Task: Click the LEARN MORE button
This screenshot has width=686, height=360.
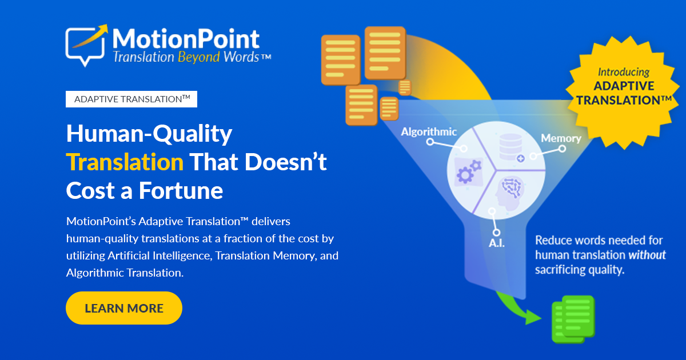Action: point(124,308)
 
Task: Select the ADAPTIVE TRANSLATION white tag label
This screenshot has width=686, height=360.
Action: point(131,99)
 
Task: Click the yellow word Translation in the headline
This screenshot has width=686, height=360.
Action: point(125,162)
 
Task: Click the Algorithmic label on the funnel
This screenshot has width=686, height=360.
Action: point(429,132)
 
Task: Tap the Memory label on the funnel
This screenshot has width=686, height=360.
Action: point(561,138)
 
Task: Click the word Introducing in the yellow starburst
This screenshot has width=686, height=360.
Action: point(623,73)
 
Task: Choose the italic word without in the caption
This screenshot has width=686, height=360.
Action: point(647,255)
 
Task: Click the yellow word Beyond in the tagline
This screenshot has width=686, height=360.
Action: point(198,57)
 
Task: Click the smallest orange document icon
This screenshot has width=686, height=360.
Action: point(405,87)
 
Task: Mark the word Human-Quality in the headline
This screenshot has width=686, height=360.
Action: point(149,134)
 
